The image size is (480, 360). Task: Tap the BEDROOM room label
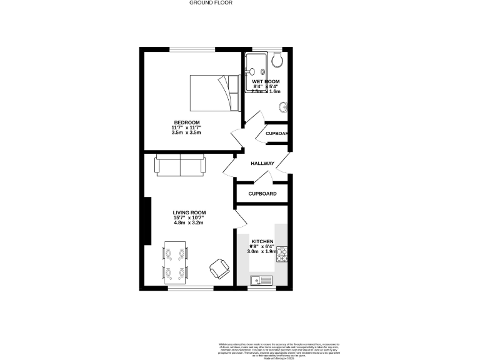[x=186, y=122]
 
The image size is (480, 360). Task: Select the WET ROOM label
[x=266, y=82]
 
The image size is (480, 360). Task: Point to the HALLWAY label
[x=262, y=164]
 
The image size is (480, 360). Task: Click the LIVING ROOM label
[x=189, y=212]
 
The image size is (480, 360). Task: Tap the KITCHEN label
[x=262, y=241]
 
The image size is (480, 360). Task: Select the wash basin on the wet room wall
[x=284, y=107]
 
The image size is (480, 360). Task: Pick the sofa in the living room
[x=180, y=166]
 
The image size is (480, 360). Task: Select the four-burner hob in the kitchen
[x=281, y=254]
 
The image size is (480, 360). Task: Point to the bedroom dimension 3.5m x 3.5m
[x=186, y=132]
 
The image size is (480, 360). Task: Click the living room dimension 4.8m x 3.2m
[x=189, y=223]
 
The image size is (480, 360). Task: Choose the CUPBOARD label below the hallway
[x=262, y=194]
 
